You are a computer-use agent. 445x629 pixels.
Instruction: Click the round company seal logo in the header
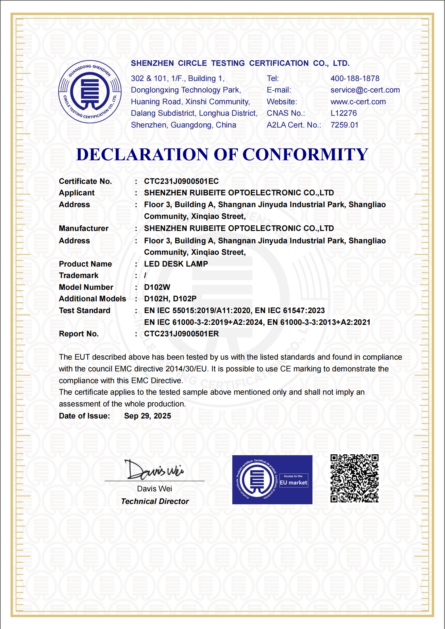point(90,92)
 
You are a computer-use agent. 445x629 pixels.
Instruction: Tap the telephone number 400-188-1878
point(355,78)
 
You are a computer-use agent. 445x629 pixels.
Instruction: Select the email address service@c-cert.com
point(365,90)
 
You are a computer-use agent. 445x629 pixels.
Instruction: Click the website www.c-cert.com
point(358,102)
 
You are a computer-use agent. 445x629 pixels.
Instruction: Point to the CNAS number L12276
point(344,113)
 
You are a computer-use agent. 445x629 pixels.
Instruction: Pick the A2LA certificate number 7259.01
point(344,125)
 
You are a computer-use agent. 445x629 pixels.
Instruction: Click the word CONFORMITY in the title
point(305,154)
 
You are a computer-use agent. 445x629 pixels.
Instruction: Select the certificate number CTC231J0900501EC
point(181,181)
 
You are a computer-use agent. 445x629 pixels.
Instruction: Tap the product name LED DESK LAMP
point(176,264)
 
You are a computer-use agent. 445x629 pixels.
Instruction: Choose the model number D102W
point(157,287)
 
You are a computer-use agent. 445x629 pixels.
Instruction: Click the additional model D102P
point(185,299)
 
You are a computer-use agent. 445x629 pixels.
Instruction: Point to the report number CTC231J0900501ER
point(181,334)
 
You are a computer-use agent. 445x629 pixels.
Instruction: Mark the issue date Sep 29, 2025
point(147,416)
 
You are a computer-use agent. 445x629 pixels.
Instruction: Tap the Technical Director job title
point(155,501)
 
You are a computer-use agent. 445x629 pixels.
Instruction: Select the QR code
point(354,478)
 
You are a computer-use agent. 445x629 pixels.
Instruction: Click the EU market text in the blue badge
point(293,483)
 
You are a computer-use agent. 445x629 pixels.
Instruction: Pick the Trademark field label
point(79,276)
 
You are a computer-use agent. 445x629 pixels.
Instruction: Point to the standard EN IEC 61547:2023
point(290,311)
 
